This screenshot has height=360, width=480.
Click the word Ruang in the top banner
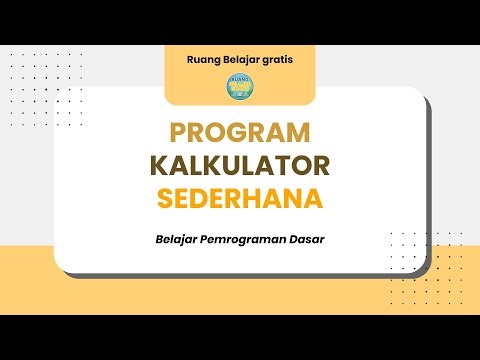204,58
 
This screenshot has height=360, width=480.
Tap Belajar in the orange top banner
245,58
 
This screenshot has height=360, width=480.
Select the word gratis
284,58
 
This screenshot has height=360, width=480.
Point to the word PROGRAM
240,132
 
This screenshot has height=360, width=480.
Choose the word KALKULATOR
240,165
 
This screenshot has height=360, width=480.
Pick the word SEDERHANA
240,198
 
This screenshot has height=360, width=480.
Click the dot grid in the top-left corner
30,75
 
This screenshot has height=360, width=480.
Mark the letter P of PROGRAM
178,132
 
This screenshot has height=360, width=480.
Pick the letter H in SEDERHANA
264,198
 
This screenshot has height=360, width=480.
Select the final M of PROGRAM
300,132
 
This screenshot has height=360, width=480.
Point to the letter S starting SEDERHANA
165,198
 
